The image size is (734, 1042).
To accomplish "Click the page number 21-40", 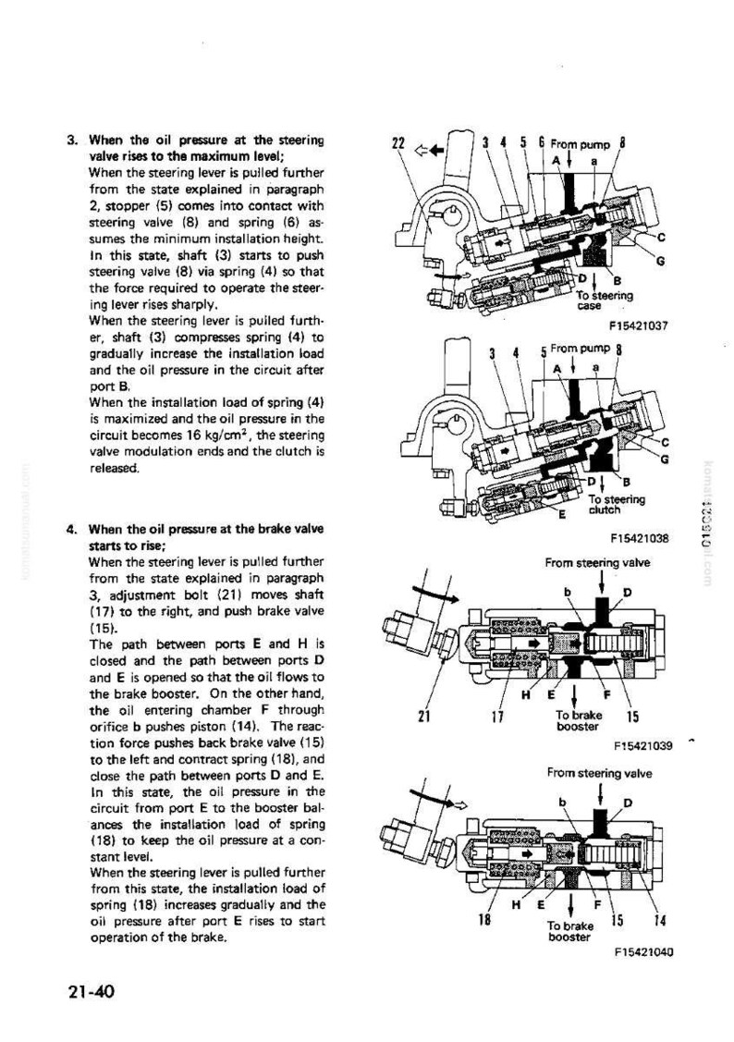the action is (x=91, y=991).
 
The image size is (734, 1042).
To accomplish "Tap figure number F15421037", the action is (x=639, y=325).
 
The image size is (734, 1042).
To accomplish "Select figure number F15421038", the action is (x=639, y=538).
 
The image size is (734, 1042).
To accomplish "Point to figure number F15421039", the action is (x=643, y=745).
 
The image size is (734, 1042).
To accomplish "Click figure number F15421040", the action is (x=643, y=951).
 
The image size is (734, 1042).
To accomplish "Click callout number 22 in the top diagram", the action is (x=398, y=143).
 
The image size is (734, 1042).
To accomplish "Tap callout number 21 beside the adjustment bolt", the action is (x=425, y=717).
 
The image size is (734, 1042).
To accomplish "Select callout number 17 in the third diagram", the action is (x=496, y=717).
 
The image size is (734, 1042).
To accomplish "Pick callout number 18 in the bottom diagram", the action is (x=483, y=920).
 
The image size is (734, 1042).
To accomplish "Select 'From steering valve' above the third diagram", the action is (x=597, y=563).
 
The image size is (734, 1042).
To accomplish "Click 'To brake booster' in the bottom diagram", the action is (x=570, y=931).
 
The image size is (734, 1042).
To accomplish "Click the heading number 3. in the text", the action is (x=73, y=141).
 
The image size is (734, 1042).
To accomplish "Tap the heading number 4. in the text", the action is (x=73, y=530).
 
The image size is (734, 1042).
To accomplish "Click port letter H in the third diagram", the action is (x=526, y=695).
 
